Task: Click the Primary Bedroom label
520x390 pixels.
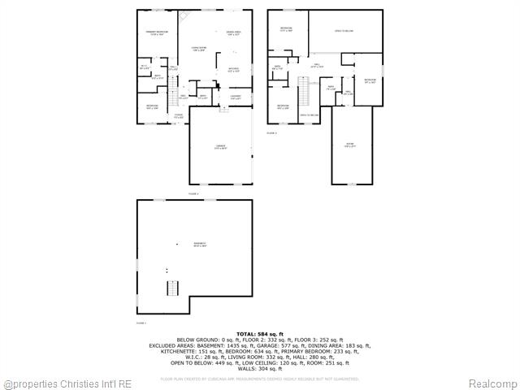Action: (x=157, y=32)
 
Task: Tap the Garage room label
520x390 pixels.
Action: (x=219, y=147)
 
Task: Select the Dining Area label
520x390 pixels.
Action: (x=233, y=33)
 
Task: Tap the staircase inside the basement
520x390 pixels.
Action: (x=171, y=288)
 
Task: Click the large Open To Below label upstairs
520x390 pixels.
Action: (x=344, y=32)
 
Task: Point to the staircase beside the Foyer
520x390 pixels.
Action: (x=173, y=100)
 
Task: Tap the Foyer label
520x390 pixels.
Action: (x=178, y=116)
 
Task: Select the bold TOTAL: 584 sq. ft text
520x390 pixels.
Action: (x=259, y=334)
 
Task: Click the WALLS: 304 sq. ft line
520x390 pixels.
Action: (x=259, y=368)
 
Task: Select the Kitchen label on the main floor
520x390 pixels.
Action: (x=233, y=69)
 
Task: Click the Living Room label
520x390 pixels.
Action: (x=198, y=49)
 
